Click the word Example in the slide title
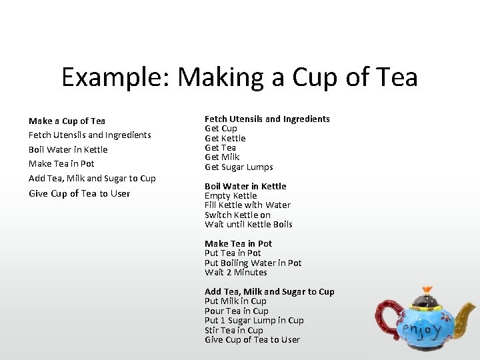114,78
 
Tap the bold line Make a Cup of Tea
67,121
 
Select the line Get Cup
221,129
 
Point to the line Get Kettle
225,138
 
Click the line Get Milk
222,157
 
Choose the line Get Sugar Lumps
239,167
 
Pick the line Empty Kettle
230,196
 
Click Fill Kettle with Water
247,205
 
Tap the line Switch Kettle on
237,215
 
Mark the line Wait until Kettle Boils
248,225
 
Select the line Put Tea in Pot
233,253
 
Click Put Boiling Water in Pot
253,263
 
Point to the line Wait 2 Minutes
235,273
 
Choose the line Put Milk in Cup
235,301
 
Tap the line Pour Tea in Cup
236,311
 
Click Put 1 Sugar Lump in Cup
254,321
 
